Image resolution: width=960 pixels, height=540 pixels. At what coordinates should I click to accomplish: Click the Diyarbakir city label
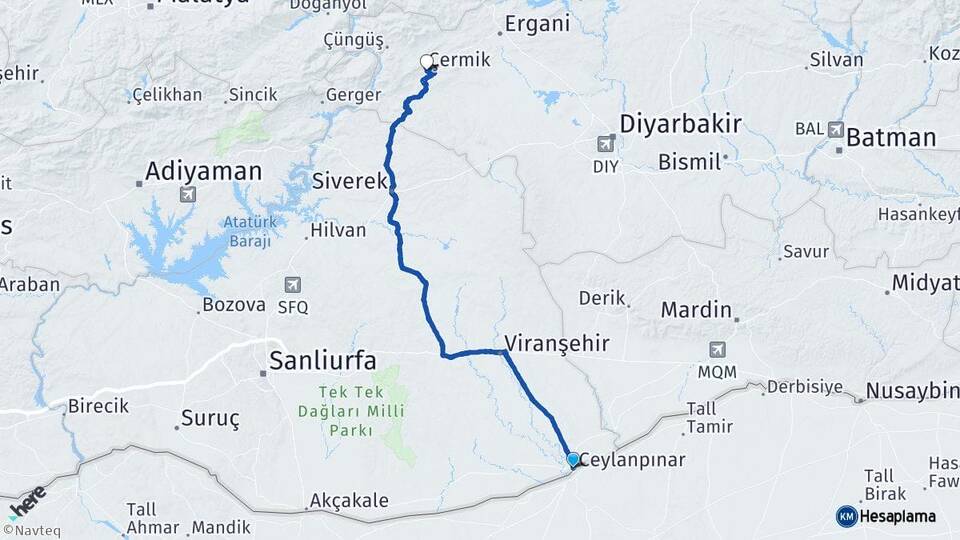pos(680,125)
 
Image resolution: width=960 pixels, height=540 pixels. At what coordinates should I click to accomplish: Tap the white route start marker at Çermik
pos(428,62)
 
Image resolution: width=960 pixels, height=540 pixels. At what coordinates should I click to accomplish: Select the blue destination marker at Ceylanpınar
pos(573,460)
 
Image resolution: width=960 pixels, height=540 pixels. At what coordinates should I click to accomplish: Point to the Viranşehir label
pos(557,343)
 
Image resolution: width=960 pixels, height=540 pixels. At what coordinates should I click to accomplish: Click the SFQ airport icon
pos(293,285)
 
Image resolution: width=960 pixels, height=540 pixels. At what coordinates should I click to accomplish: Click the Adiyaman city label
pos(203,171)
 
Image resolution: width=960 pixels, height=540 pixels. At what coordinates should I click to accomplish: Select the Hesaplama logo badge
pos(886,516)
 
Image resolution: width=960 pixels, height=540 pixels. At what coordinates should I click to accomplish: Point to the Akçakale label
pos(349,500)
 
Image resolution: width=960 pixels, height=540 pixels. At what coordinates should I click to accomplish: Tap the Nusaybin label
pos(912,391)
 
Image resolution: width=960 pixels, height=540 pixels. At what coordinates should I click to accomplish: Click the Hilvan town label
pos(338,229)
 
